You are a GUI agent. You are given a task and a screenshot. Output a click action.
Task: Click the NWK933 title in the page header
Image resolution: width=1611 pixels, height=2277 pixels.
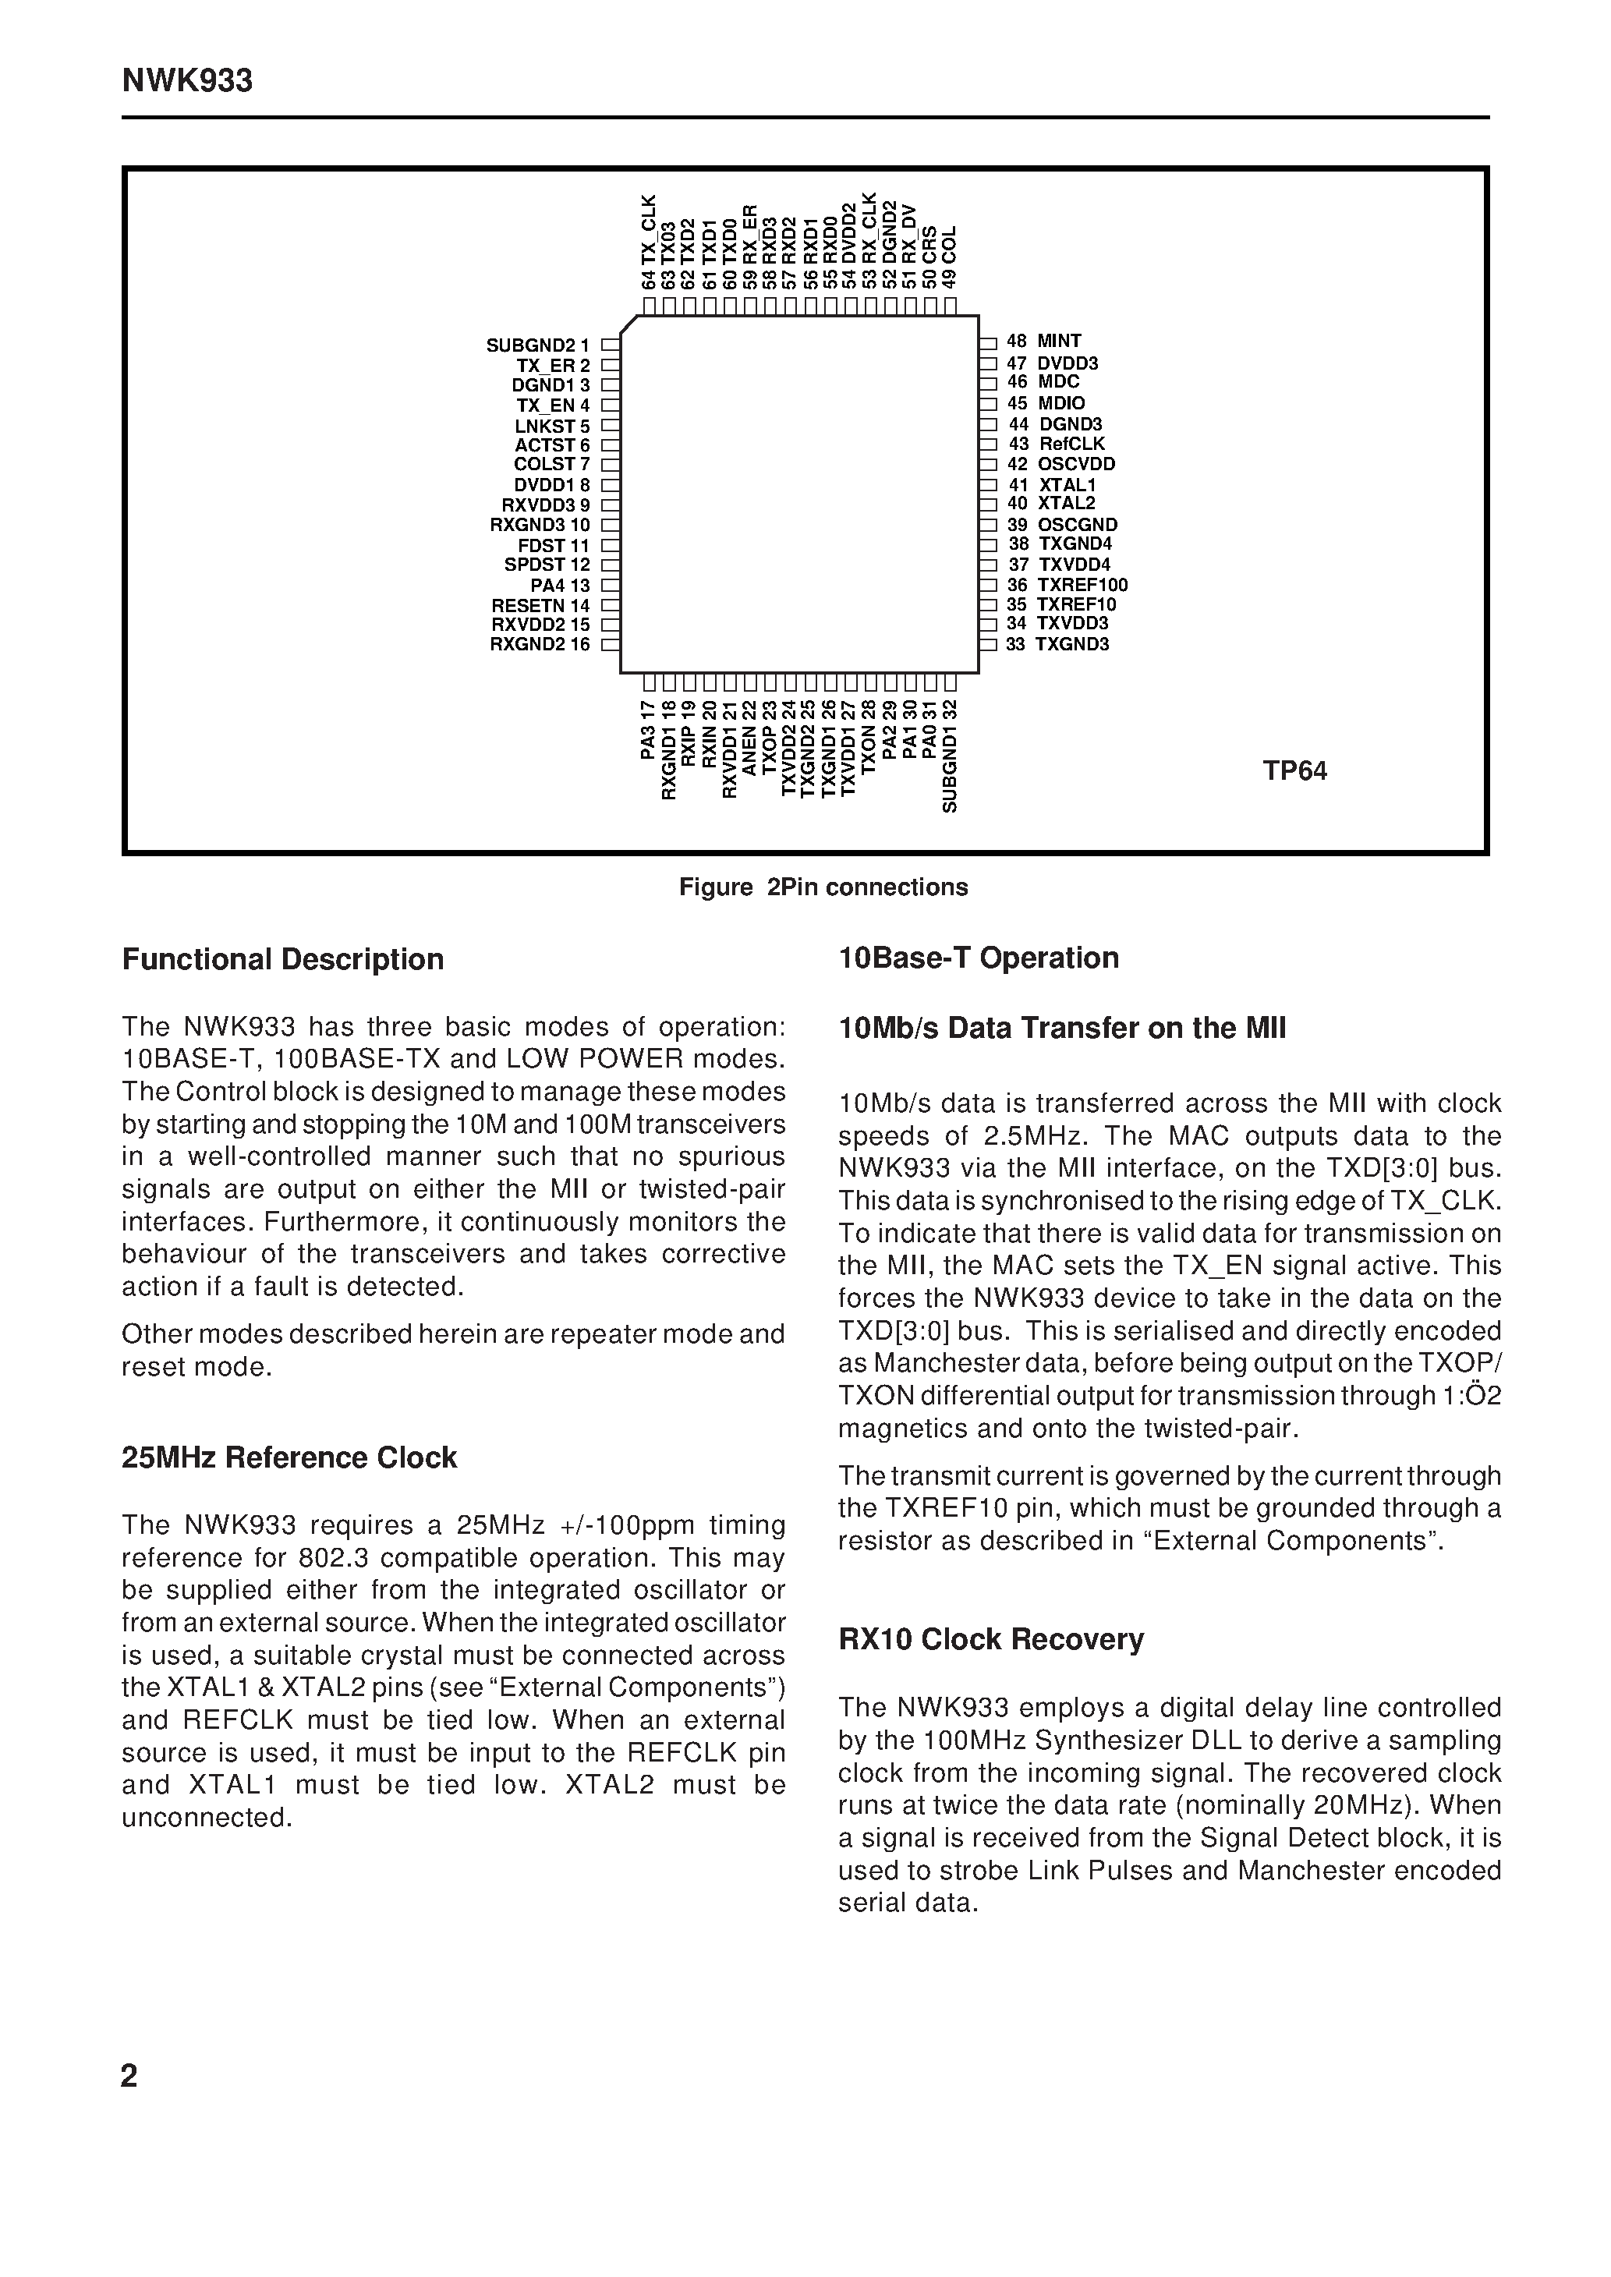[187, 81]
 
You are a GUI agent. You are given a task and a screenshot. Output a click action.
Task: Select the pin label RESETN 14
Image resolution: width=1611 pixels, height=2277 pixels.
[540, 605]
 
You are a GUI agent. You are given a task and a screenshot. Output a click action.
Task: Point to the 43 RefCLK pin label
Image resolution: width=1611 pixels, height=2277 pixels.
[1057, 444]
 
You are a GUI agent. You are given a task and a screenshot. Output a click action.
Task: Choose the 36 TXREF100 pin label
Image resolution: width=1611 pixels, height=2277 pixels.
[1068, 585]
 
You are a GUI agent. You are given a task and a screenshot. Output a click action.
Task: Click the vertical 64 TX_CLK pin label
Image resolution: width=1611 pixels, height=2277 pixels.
[649, 242]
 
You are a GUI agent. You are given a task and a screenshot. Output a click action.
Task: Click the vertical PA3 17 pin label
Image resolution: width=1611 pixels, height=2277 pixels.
[649, 731]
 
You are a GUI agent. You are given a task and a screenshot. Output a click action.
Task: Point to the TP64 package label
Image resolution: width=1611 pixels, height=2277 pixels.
[1294, 771]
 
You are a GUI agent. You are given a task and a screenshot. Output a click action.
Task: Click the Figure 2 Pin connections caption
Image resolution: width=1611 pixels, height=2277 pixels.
[823, 887]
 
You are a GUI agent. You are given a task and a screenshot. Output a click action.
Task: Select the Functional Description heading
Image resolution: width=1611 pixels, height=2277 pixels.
[283, 959]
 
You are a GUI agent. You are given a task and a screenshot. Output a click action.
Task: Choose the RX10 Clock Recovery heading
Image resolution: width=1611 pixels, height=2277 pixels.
[991, 1638]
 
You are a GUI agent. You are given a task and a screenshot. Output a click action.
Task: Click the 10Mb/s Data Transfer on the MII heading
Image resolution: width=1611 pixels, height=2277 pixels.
[1061, 1028]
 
